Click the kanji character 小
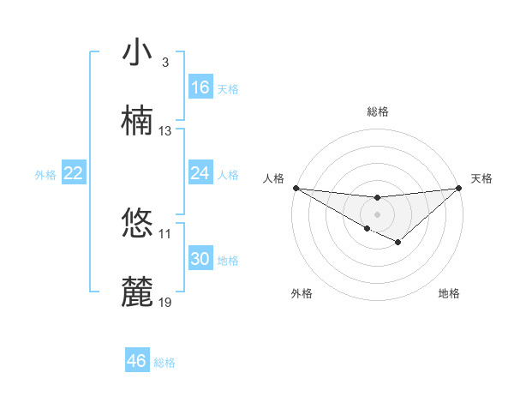138,53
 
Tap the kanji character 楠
138,122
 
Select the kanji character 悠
138,225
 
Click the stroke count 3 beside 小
164,63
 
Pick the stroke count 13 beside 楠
165,131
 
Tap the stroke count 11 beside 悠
165,234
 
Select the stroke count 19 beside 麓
165,303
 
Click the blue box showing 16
200,87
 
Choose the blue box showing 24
200,173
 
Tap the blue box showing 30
200,259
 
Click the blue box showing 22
74,173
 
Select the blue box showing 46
137,361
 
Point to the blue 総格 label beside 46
164,363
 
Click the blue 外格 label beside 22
45,175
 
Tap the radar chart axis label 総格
378,111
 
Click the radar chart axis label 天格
481,178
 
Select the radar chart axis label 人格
273,178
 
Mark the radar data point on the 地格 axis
398,244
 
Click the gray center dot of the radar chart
377,214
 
